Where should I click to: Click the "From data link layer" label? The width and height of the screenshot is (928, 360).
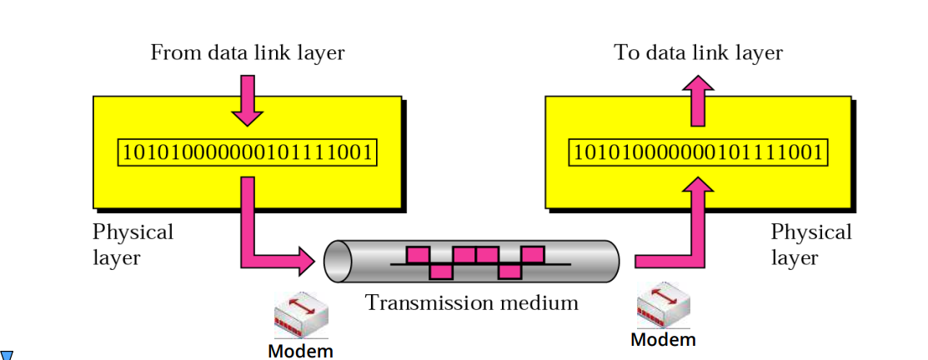click(x=247, y=53)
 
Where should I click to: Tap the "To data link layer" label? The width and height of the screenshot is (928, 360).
click(x=698, y=53)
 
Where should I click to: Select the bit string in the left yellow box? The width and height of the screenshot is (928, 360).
click(x=247, y=153)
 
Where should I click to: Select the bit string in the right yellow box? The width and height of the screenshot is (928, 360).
click(x=698, y=153)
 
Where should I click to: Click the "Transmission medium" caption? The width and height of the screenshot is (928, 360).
click(x=471, y=302)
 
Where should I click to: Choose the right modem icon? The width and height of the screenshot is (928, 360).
click(x=663, y=306)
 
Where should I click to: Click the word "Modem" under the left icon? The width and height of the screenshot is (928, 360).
click(x=300, y=351)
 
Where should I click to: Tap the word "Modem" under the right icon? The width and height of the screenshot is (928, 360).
click(x=663, y=339)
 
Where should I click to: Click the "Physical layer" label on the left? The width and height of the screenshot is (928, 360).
click(x=133, y=244)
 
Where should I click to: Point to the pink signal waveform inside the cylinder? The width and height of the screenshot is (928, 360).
click(x=476, y=262)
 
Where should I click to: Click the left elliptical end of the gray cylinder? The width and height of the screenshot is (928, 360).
click(x=337, y=262)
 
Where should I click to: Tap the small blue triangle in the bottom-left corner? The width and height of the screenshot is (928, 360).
click(x=7, y=356)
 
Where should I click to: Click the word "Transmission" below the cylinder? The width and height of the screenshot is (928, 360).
click(x=427, y=302)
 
